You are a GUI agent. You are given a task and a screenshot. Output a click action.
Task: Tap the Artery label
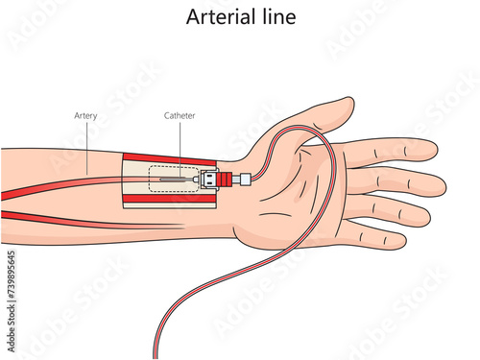click(x=85, y=116)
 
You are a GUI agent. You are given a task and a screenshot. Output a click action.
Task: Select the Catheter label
click(x=180, y=116)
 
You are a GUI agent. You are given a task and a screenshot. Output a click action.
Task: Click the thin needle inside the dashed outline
click(x=177, y=179)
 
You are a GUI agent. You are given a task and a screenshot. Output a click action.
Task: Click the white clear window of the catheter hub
click(x=208, y=179)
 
